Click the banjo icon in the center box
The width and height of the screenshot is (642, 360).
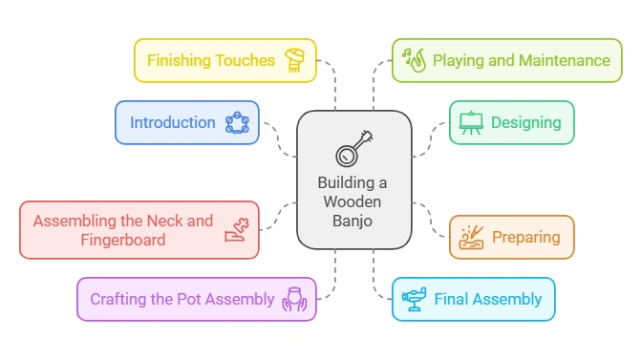tap(353, 148)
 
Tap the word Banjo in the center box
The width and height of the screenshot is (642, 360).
tap(353, 222)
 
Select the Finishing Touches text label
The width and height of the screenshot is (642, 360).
tap(210, 60)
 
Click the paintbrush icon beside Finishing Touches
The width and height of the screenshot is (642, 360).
tap(296, 59)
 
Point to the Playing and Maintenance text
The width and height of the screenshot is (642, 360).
tap(521, 60)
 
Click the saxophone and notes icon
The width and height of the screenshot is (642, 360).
tap(413, 59)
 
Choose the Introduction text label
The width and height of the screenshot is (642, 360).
tap(173, 122)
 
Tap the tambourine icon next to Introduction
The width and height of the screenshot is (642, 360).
tap(236, 122)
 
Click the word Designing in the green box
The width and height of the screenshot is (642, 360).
tap(525, 122)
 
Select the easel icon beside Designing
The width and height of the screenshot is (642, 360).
tap(470, 122)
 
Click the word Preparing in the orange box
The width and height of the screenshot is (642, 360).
tap(525, 237)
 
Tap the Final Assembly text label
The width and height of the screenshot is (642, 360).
tap(487, 299)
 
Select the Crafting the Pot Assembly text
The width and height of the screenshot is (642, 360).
tap(182, 299)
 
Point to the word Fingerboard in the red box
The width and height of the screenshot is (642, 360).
tap(123, 240)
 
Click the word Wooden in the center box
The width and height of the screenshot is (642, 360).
tap(353, 202)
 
